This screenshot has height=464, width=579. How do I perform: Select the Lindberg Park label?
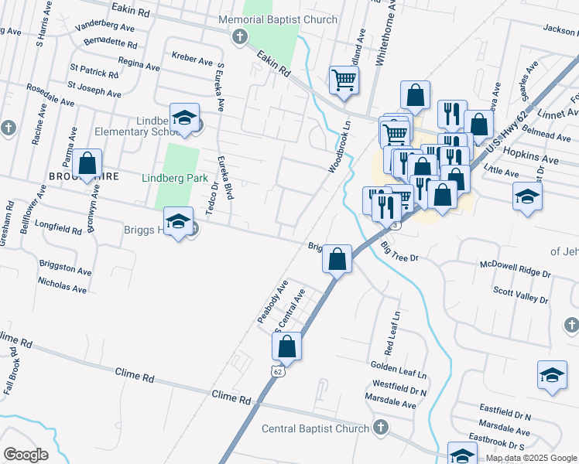175,178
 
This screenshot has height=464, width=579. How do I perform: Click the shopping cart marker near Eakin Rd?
344,79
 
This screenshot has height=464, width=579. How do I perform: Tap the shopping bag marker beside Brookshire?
87,164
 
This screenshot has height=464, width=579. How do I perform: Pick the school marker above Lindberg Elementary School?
184,117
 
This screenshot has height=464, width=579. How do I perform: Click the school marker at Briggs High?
178,223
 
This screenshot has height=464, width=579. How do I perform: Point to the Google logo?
26,455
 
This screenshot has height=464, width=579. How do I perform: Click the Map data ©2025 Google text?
531,458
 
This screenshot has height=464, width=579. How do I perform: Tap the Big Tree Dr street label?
399,252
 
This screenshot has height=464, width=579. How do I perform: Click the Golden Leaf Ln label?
399,364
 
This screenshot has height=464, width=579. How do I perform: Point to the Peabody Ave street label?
272,302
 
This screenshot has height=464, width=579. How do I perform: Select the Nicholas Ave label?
63,287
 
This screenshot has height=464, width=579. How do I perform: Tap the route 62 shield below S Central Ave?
277,371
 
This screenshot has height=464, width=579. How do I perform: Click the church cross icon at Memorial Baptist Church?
240,36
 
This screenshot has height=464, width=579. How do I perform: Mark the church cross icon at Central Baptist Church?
380,427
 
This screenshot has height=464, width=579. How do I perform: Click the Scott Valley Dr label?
520,295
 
